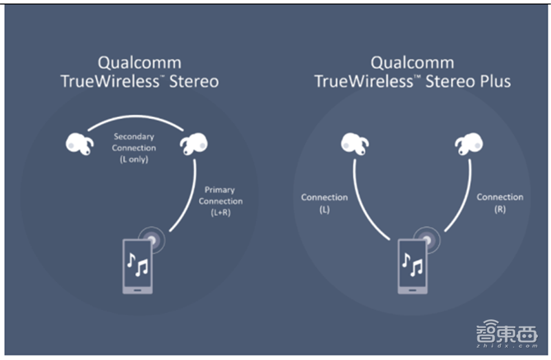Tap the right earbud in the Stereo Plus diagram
[469, 144]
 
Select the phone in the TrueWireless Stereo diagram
[138, 264]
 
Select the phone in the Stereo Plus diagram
[411, 264]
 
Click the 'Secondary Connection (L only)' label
[134, 148]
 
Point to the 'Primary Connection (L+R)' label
[220, 201]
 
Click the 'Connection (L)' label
[324, 203]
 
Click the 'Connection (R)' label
[500, 202]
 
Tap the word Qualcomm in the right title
[413, 62]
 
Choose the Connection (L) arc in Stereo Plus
[364, 207]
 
